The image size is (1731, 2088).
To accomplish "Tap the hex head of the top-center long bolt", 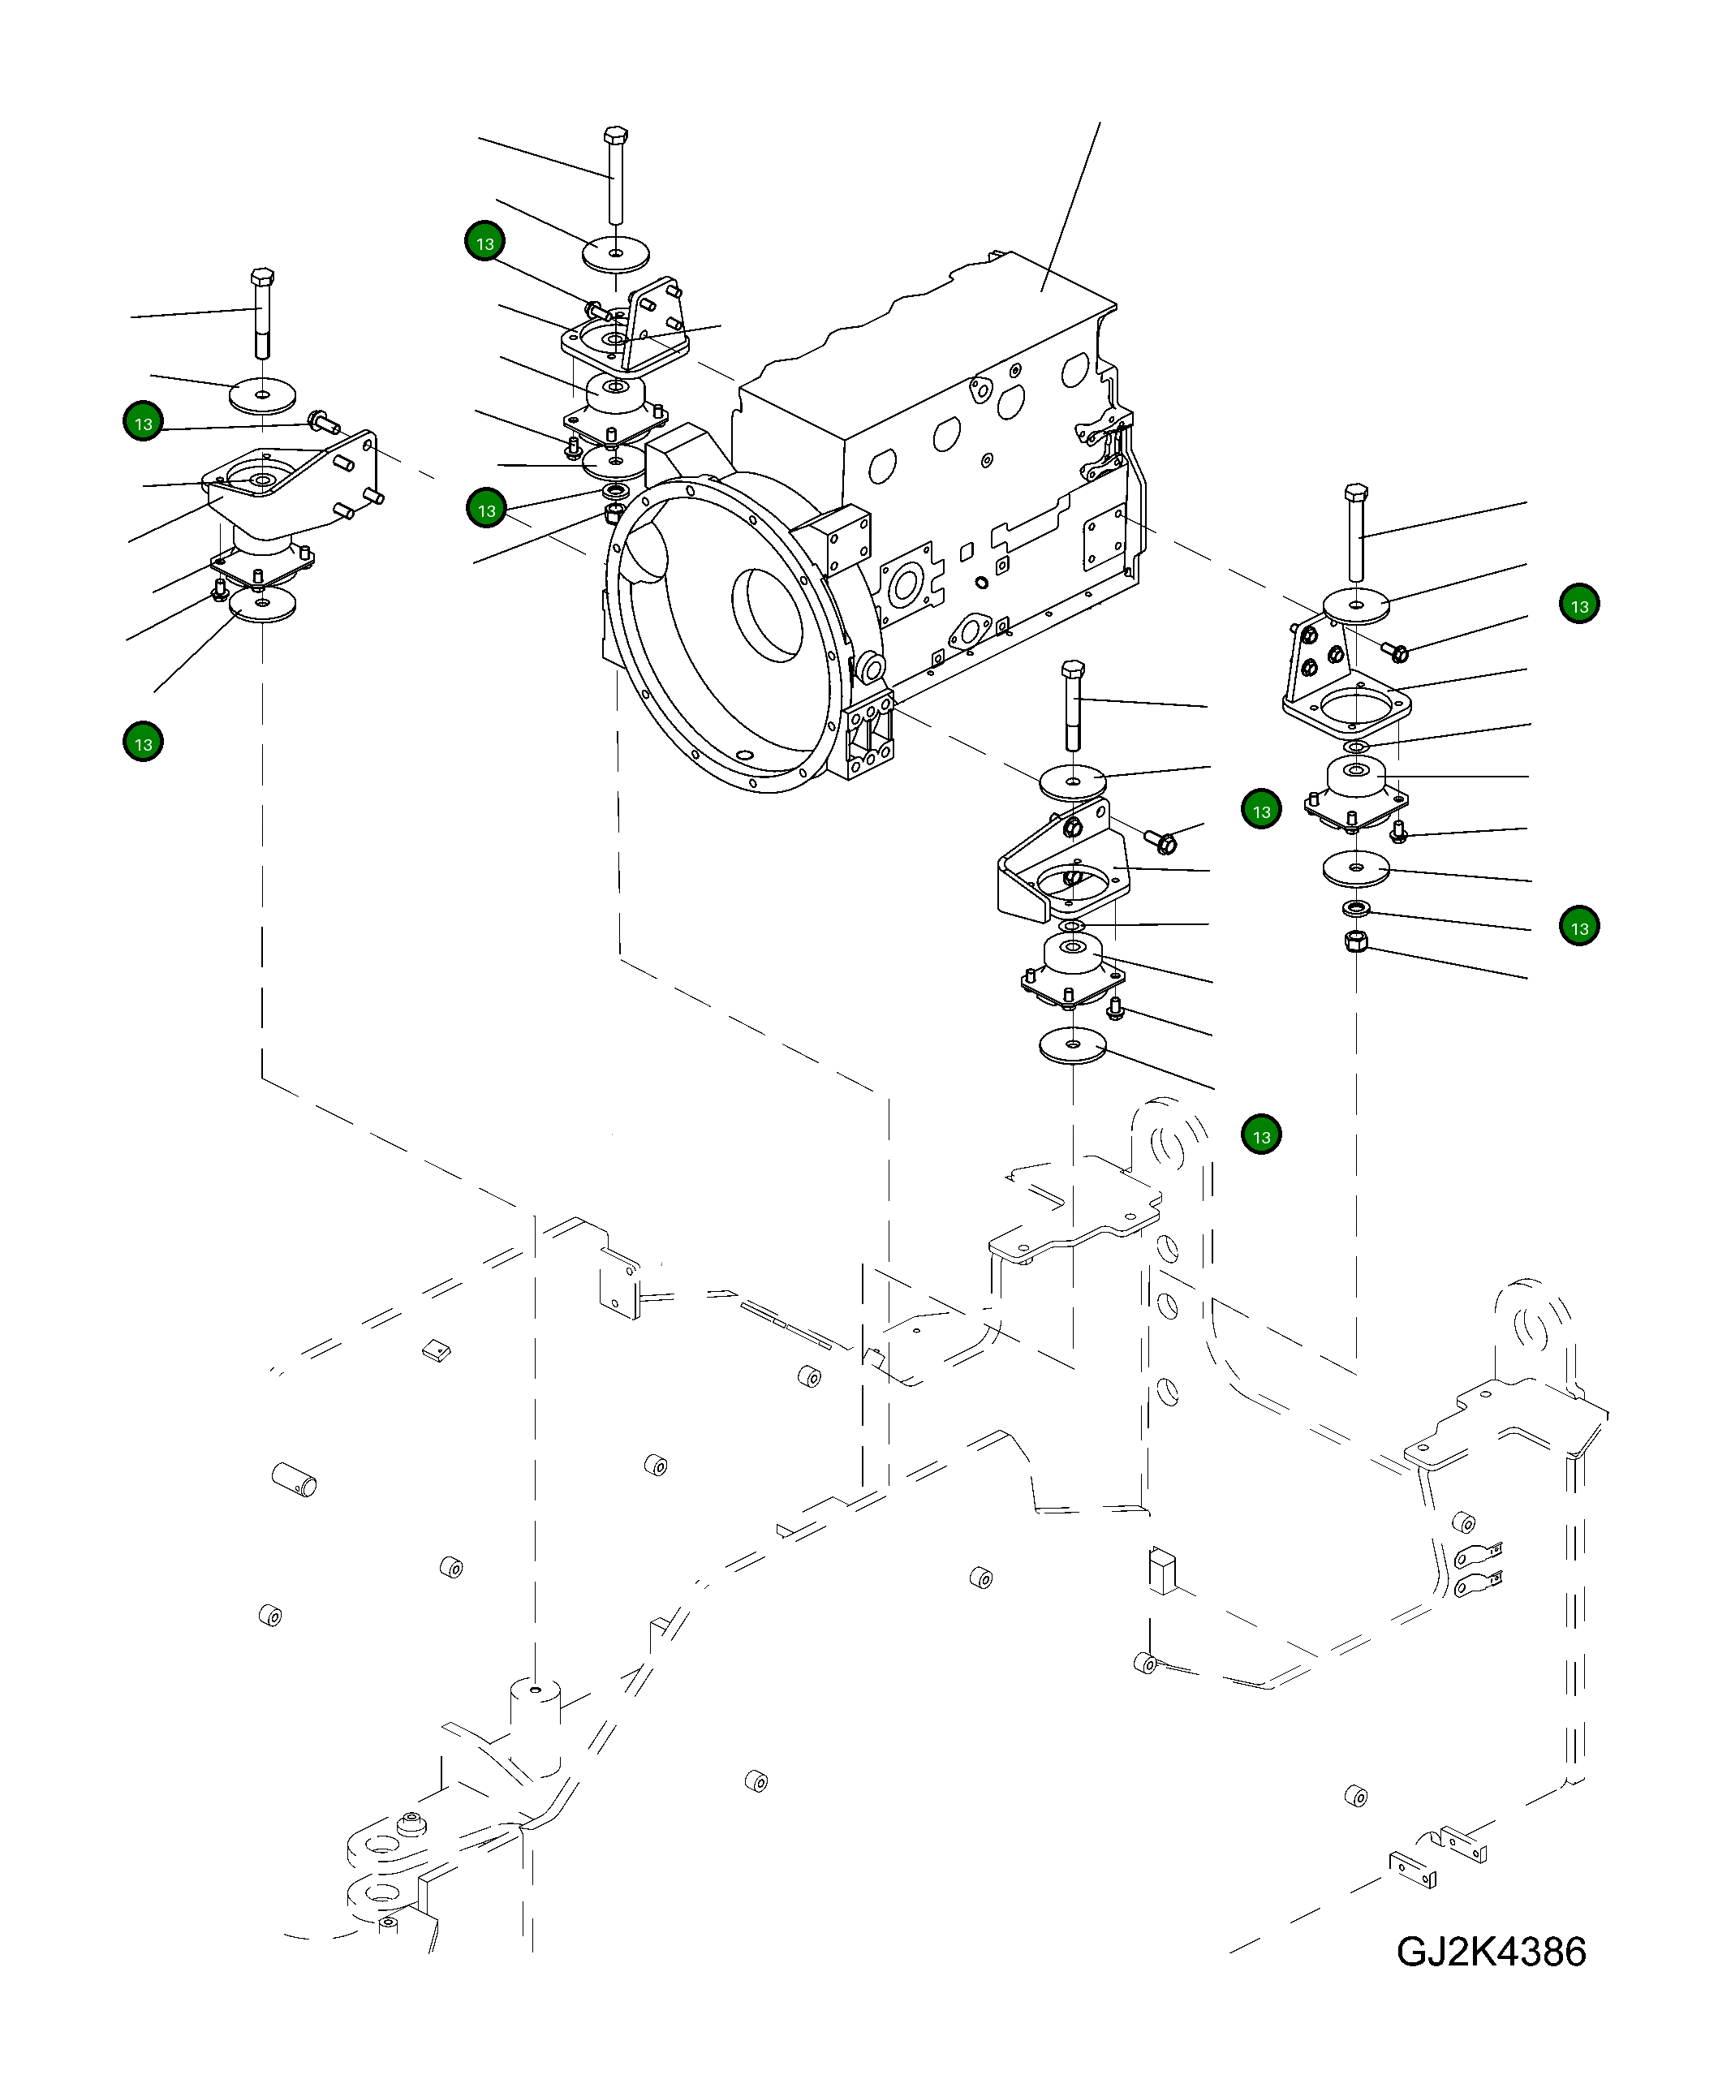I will pos(614,136).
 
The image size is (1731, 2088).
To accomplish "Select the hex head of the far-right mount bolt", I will pos(1355,493).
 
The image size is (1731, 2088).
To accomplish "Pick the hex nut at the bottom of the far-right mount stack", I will pos(1354,941).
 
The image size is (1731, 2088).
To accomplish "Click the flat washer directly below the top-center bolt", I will pos(615,253).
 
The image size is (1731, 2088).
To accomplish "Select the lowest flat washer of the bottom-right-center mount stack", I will pos(1073,1046).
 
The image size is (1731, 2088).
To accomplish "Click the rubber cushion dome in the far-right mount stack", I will pos(1356,777).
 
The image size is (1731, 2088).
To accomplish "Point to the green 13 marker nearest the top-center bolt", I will pos(485,243).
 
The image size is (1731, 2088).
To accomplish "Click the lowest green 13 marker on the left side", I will pos(143,743).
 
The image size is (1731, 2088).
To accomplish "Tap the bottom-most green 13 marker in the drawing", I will pos(1262,1135).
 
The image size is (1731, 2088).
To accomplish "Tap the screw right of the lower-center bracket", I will pos(1162,842).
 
